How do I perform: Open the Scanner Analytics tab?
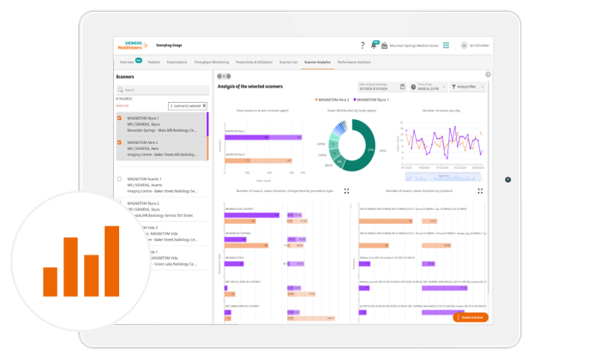click(x=316, y=63)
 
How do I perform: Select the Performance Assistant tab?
click(x=354, y=63)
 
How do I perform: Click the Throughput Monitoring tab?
click(x=212, y=63)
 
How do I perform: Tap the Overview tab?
click(x=126, y=63)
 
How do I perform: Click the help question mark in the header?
click(x=363, y=45)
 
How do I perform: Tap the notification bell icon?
click(x=374, y=45)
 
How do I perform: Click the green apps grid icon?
click(x=446, y=45)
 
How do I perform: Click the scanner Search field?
click(x=163, y=89)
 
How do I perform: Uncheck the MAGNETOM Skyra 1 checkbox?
click(x=119, y=118)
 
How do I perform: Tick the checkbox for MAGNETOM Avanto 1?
click(x=119, y=179)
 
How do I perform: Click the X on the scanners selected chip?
click(x=204, y=105)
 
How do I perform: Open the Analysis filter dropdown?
click(x=469, y=87)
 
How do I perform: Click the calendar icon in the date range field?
click(x=403, y=87)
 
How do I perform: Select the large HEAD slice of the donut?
click(x=365, y=151)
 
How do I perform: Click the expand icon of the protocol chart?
click(x=480, y=191)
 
